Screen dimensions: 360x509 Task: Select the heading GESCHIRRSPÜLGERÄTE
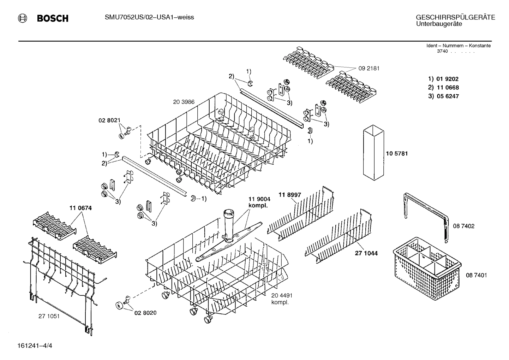pyautogui.click(x=455, y=17)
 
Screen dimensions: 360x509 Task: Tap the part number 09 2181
pyautogui.click(x=369, y=69)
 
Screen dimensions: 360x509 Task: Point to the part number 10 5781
pyautogui.click(x=397, y=154)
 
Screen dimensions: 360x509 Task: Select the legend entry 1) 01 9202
pyautogui.click(x=443, y=79)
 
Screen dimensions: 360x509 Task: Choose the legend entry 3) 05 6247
pyautogui.click(x=443, y=96)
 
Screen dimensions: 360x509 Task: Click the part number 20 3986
pyautogui.click(x=184, y=102)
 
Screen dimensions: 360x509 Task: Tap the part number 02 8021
pyautogui.click(x=109, y=120)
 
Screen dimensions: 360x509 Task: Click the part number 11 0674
pyautogui.click(x=80, y=208)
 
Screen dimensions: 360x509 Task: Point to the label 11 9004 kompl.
pyautogui.click(x=259, y=202)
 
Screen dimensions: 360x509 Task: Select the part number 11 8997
pyautogui.click(x=290, y=195)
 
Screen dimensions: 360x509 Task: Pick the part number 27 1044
pyautogui.click(x=366, y=253)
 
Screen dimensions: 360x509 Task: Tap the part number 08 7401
pyautogui.click(x=476, y=275)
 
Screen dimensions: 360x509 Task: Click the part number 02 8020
pyautogui.click(x=145, y=313)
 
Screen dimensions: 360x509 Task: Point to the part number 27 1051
pyautogui.click(x=49, y=316)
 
